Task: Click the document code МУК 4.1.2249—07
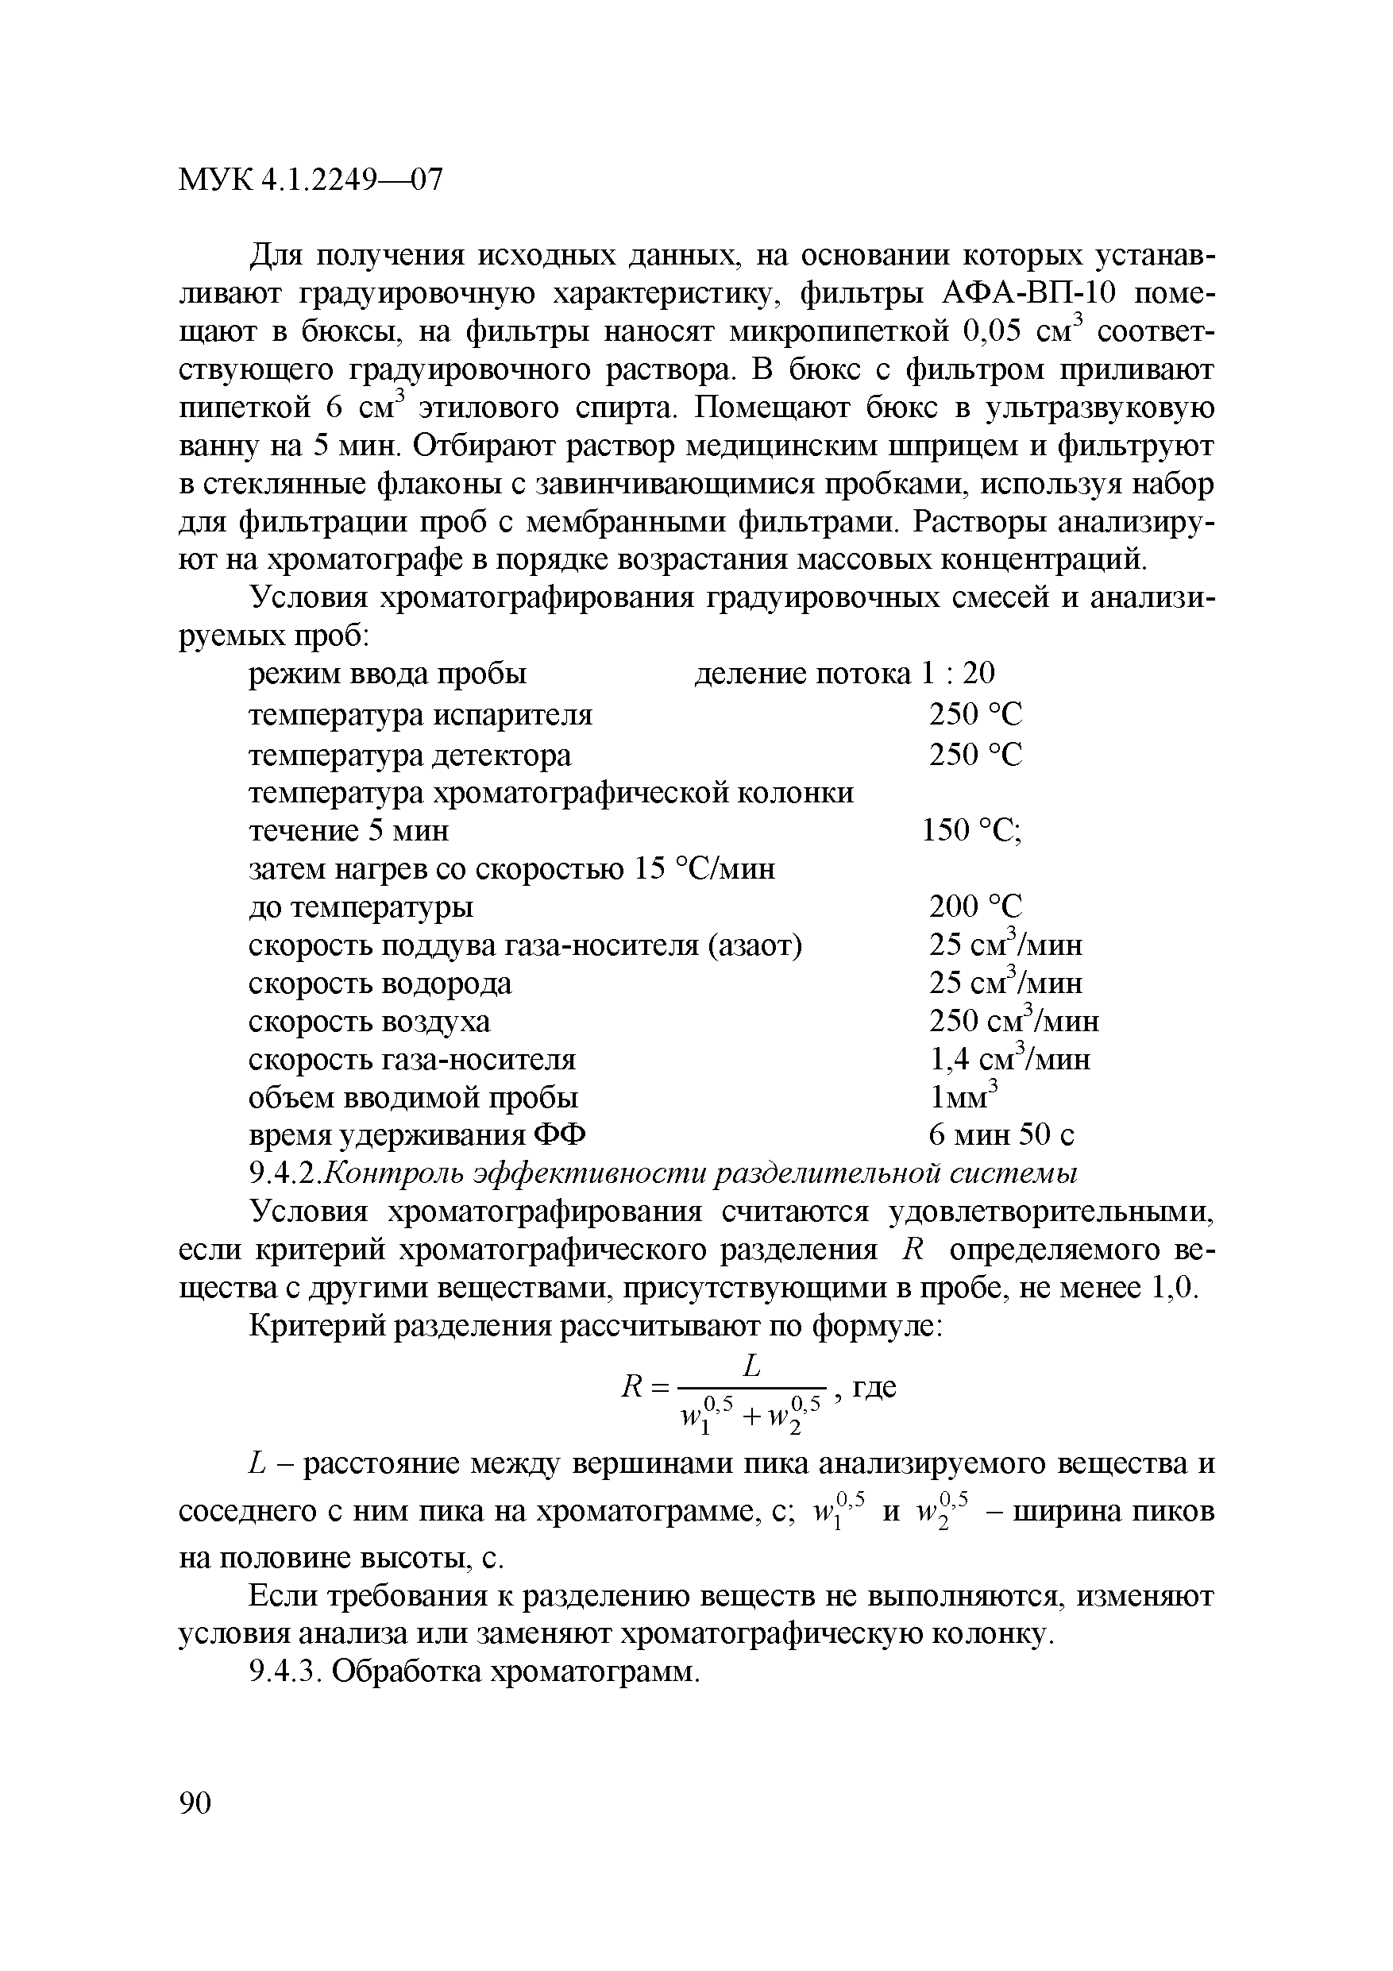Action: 311,180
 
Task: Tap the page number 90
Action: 195,1803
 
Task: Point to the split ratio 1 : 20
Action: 958,674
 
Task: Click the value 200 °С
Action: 976,906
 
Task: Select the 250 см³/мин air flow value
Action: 1013,1021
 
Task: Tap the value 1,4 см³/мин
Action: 1010,1059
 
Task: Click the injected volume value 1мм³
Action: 965,1097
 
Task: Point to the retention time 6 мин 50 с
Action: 1001,1136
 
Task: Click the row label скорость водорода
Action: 380,983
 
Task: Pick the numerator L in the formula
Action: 752,1366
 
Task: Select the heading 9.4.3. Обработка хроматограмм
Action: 475,1671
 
